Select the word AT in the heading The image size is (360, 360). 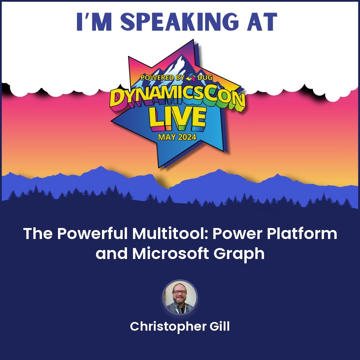pyautogui.click(x=263, y=22)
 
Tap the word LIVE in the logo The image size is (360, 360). pyautogui.click(x=177, y=118)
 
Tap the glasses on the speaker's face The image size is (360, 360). pyautogui.click(x=180, y=292)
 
